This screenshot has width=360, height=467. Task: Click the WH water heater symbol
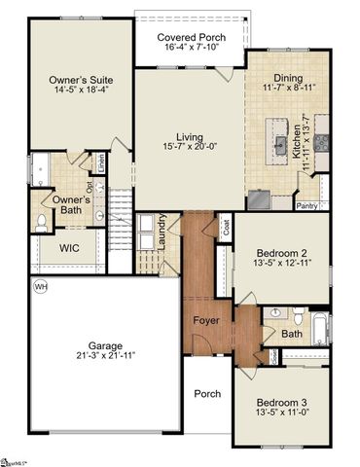[41, 287]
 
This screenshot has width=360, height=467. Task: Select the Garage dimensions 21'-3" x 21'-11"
[104, 357]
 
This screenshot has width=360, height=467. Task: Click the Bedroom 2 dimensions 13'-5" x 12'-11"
[280, 263]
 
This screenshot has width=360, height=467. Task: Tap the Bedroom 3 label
[280, 403]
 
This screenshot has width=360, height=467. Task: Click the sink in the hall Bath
[275, 313]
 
